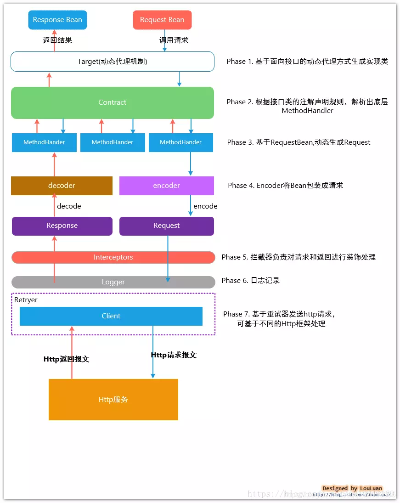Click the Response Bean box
click(x=57, y=20)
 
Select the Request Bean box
click(x=162, y=20)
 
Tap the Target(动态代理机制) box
click(x=113, y=62)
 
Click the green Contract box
click(x=113, y=102)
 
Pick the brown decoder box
click(x=62, y=186)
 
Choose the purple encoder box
click(x=166, y=186)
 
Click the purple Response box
click(x=62, y=226)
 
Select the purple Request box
click(x=166, y=226)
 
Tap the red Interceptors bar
click(x=113, y=257)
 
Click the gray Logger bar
click(x=113, y=282)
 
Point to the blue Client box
click(x=111, y=316)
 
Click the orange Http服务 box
click(x=113, y=400)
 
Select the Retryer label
click(x=26, y=300)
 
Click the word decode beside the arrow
click(x=69, y=206)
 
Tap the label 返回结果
click(x=57, y=40)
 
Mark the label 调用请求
click(x=174, y=40)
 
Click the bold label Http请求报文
click(x=174, y=355)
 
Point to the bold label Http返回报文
click(x=66, y=359)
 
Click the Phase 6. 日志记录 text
click(x=251, y=281)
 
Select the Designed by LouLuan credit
click(x=352, y=488)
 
